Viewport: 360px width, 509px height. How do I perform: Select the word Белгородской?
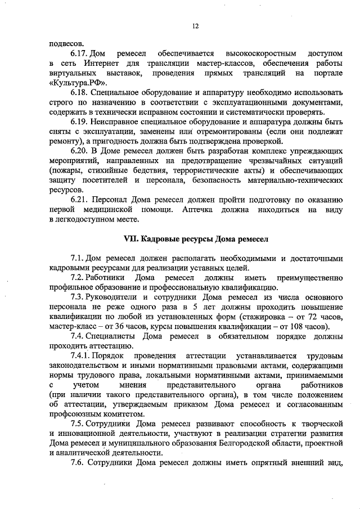[247, 444]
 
